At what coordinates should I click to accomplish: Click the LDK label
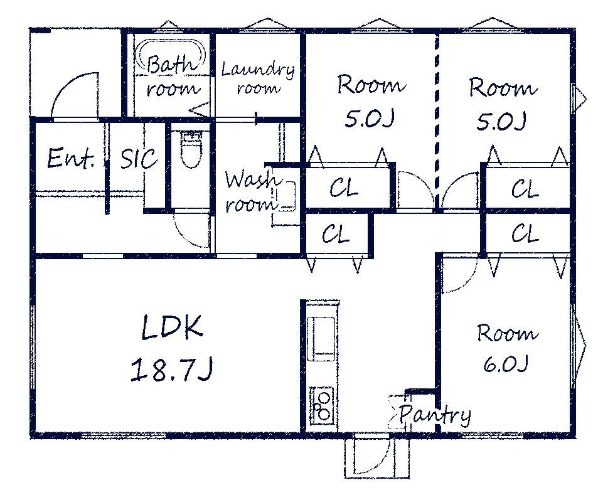coord(172,328)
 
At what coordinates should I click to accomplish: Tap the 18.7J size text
coord(171,370)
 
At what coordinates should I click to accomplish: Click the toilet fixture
coord(191,149)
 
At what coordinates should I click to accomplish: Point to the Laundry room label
coord(258,79)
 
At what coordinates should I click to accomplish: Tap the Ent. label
coord(71,159)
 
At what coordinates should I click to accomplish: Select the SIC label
coord(139,159)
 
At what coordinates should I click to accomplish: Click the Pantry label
coord(435,415)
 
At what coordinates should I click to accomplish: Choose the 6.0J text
coord(504,364)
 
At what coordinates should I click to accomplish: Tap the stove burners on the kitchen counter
coord(323,405)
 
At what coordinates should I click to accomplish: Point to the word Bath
coord(170,64)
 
